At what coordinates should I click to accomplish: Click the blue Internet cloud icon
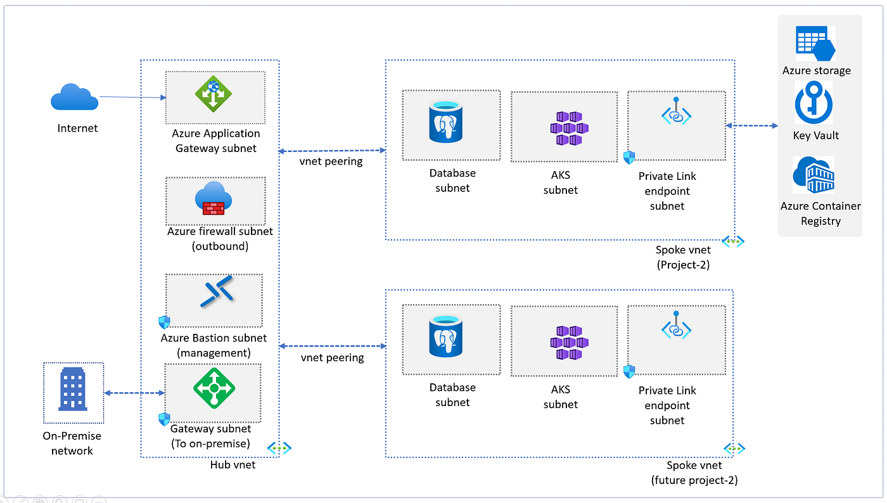pyautogui.click(x=75, y=97)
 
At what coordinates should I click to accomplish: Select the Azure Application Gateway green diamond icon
pyautogui.click(x=214, y=94)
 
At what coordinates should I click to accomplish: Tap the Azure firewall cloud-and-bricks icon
pyautogui.click(x=214, y=198)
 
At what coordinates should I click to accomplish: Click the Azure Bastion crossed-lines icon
pyautogui.click(x=217, y=292)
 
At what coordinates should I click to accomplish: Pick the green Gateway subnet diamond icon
pyautogui.click(x=214, y=388)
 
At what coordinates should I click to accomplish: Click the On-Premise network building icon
pyautogui.click(x=73, y=388)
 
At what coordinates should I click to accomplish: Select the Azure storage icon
pyautogui.click(x=816, y=43)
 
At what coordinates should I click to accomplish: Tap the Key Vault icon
pyautogui.click(x=814, y=103)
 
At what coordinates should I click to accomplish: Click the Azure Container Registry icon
pyautogui.click(x=814, y=175)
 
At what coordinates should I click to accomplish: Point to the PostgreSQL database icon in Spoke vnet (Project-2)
pyautogui.click(x=446, y=122)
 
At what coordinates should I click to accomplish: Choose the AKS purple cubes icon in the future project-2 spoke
pyautogui.click(x=570, y=343)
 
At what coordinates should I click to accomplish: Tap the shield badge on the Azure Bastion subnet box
pyautogui.click(x=164, y=322)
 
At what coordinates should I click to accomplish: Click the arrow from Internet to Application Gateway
pyautogui.click(x=132, y=97)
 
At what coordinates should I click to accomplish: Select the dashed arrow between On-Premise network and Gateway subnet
pyautogui.click(x=134, y=393)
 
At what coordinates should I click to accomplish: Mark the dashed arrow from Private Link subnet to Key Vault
pyautogui.click(x=751, y=125)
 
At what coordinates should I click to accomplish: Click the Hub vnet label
pyautogui.click(x=233, y=464)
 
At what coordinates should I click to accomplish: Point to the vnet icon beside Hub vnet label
pyautogui.click(x=279, y=449)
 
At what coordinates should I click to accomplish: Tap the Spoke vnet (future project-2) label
pyautogui.click(x=694, y=473)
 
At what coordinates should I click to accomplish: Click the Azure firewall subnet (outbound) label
pyautogui.click(x=220, y=238)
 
